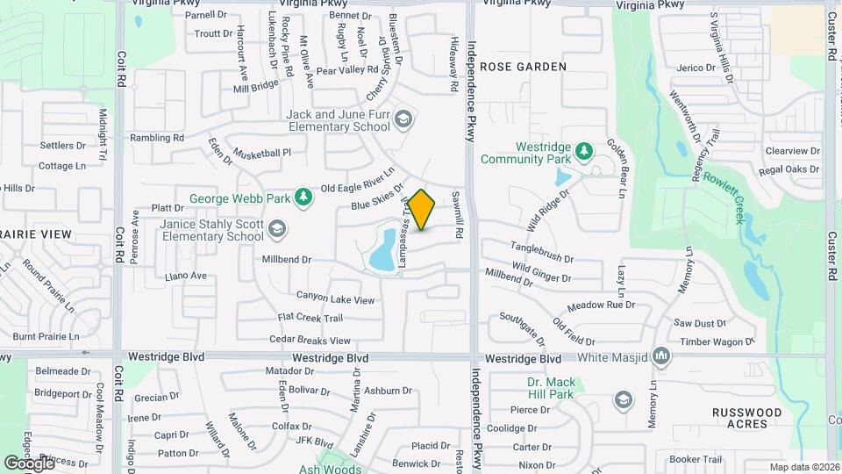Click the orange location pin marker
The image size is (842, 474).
422,209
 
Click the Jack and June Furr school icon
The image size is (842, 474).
403,119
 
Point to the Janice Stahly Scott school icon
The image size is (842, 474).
277,229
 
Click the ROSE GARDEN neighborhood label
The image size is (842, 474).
524,67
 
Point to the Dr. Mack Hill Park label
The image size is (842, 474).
550,389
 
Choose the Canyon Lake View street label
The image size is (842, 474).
335,299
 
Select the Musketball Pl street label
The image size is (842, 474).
261,153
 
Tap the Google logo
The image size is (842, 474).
29,463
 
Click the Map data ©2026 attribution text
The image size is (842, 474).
803,467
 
